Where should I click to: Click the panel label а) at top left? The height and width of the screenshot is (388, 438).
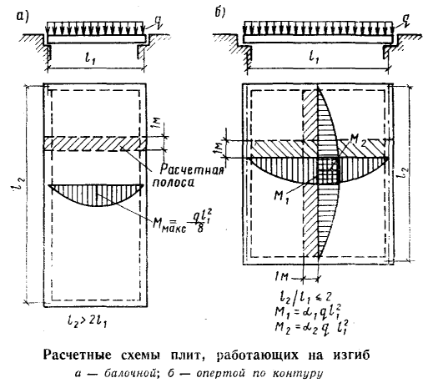(23, 17)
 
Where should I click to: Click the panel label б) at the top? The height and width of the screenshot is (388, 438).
(220, 13)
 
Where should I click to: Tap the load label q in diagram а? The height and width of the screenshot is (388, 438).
(159, 22)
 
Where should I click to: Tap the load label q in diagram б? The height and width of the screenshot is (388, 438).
(405, 21)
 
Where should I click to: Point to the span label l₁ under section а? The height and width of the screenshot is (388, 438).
(90, 58)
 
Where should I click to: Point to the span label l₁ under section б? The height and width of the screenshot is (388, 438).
(314, 57)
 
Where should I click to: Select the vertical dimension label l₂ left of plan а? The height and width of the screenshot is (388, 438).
(16, 187)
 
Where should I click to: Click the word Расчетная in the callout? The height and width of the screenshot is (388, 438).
(193, 169)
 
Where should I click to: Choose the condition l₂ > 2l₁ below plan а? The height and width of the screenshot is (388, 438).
(87, 322)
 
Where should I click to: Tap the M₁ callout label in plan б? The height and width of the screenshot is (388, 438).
(280, 197)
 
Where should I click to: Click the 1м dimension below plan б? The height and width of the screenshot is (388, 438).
(280, 278)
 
